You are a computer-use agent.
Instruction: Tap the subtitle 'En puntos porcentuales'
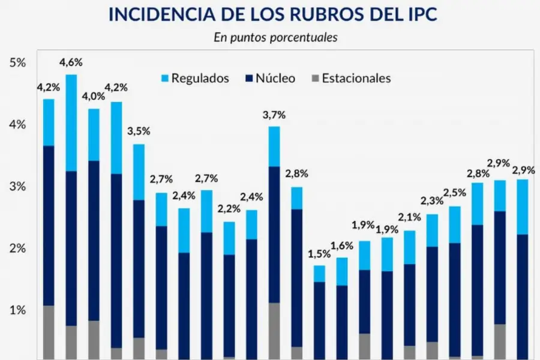point(275,37)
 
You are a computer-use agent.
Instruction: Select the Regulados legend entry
point(194,78)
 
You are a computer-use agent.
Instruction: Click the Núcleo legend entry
point(269,78)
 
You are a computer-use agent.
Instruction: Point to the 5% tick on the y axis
point(17,63)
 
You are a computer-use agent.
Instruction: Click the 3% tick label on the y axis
point(17,187)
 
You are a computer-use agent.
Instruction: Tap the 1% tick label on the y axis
point(17,310)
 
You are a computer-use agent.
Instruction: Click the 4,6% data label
point(71,62)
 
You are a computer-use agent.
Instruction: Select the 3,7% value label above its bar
point(274,115)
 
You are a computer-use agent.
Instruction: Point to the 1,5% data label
point(319,253)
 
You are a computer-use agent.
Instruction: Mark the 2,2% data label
point(229,209)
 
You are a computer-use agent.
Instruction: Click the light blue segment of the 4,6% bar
point(71,123)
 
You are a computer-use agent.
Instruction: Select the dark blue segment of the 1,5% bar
point(319,318)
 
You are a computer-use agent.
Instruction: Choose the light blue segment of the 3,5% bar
point(139,172)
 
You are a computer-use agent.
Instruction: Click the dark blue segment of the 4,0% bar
point(94,240)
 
